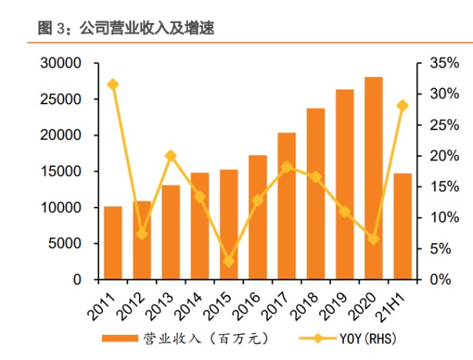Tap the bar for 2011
coord(113,243)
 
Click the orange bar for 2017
coord(287,206)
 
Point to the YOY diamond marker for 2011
coord(113,85)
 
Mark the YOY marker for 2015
coord(229,262)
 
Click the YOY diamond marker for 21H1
coord(403,106)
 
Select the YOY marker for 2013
coord(171,156)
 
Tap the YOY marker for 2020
coord(374,239)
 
